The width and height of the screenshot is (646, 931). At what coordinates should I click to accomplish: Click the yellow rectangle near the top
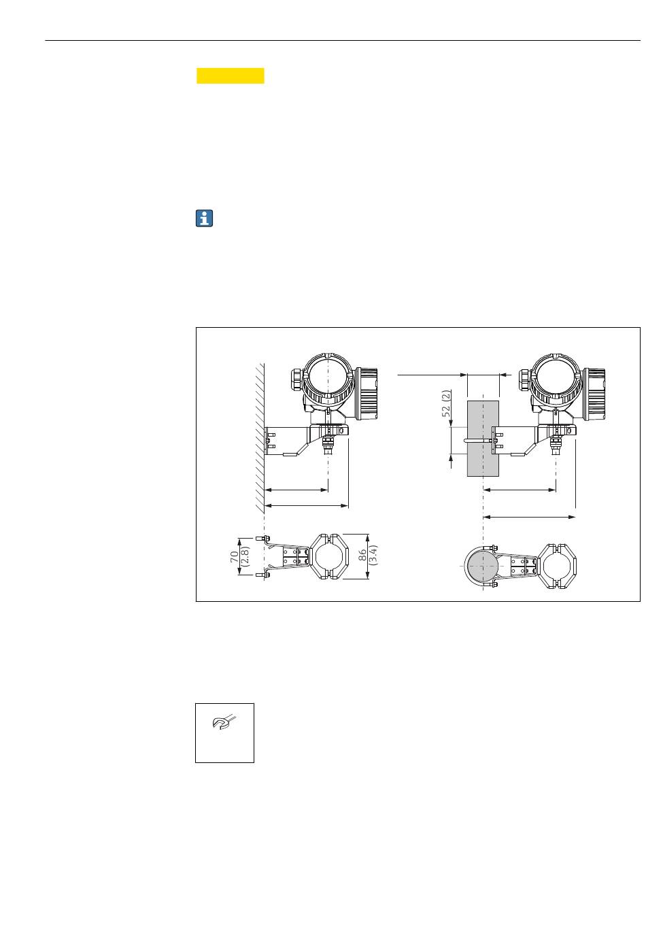[231, 75]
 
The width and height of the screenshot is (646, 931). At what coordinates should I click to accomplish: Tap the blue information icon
[204, 218]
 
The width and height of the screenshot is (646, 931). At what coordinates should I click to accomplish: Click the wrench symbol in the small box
[224, 722]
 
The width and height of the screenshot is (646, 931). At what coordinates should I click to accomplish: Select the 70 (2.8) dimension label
[240, 556]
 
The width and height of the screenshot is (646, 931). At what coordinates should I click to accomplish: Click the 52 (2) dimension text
[447, 403]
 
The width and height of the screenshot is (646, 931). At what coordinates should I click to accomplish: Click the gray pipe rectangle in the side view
[483, 438]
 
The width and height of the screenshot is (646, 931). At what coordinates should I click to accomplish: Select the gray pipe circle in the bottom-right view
[483, 566]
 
